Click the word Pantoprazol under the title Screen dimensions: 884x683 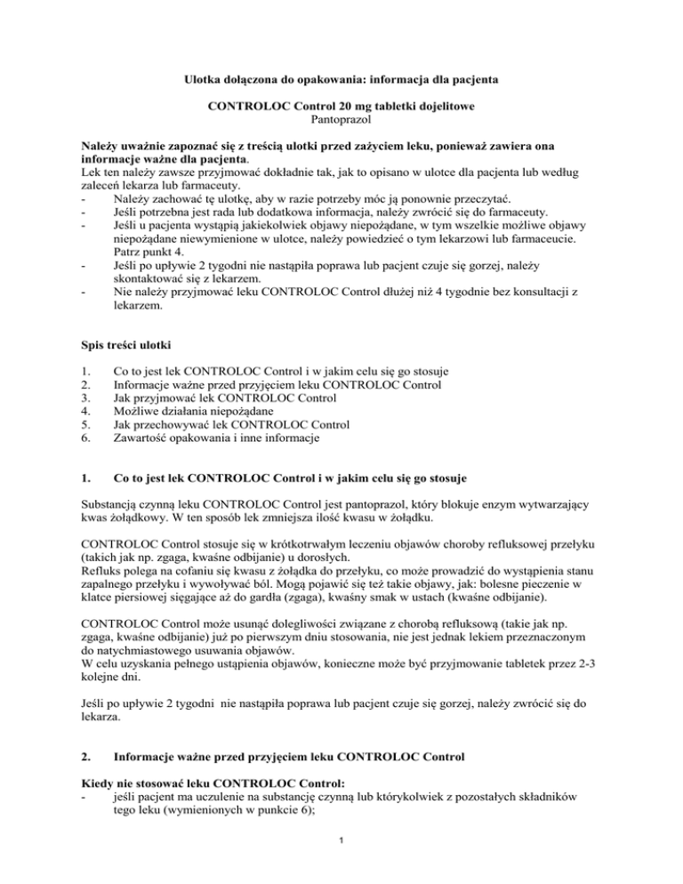[341, 118]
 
